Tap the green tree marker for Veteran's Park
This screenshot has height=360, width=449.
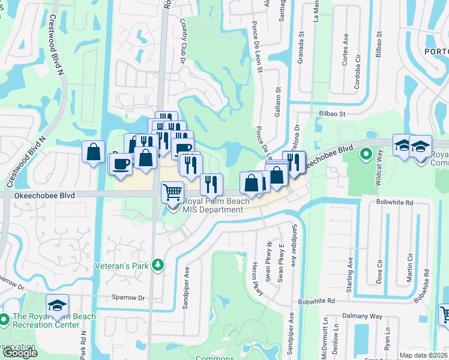(x=158, y=265)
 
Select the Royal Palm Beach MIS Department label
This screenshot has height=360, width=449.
(x=213, y=206)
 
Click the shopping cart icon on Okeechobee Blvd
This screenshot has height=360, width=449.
(x=172, y=192)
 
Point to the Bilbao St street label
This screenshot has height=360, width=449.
(x=332, y=113)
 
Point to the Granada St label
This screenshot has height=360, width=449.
(x=299, y=47)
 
